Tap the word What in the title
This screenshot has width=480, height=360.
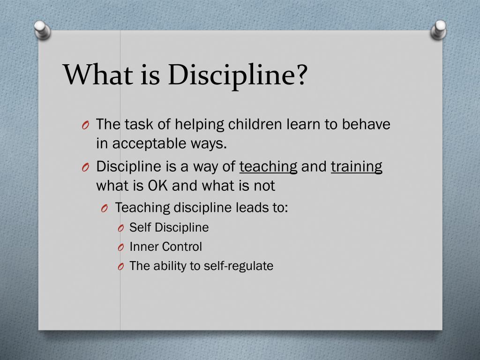click(x=96, y=75)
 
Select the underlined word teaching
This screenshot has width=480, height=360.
click(x=268, y=166)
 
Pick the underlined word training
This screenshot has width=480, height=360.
click(x=356, y=166)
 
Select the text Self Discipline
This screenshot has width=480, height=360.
click(x=169, y=227)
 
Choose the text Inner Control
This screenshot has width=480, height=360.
click(x=165, y=247)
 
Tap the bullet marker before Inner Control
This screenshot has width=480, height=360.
click(x=120, y=247)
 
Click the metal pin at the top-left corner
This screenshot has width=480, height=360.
click(x=43, y=30)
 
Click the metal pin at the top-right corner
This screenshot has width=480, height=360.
click(x=439, y=29)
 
